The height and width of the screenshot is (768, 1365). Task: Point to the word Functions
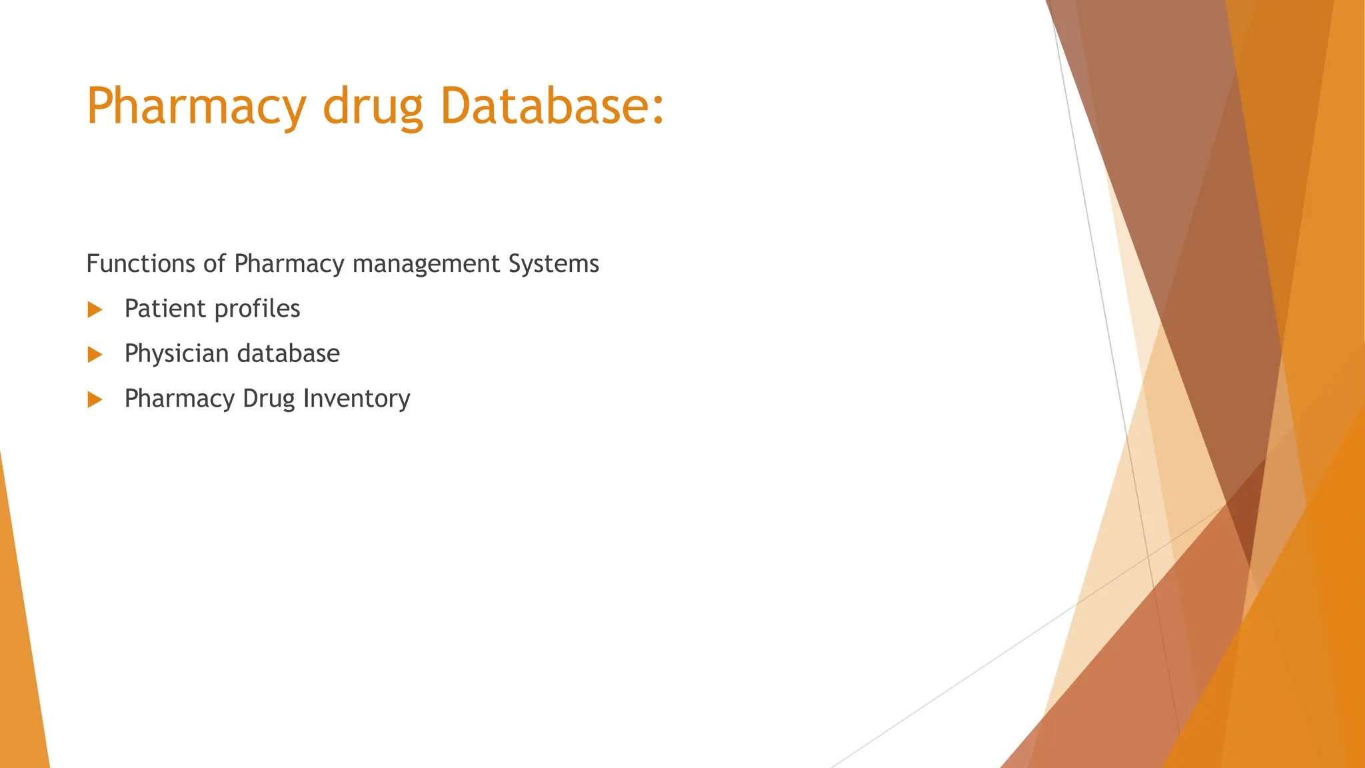pyautogui.click(x=141, y=264)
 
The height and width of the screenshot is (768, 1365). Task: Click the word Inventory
pyautogui.click(x=357, y=399)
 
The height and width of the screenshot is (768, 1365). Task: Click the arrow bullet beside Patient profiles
pyautogui.click(x=95, y=309)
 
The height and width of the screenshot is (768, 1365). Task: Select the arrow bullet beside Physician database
pyautogui.click(x=95, y=355)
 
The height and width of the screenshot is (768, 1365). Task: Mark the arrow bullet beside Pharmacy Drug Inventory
pyautogui.click(x=95, y=399)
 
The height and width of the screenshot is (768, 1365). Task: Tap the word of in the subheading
pyautogui.click(x=214, y=264)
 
